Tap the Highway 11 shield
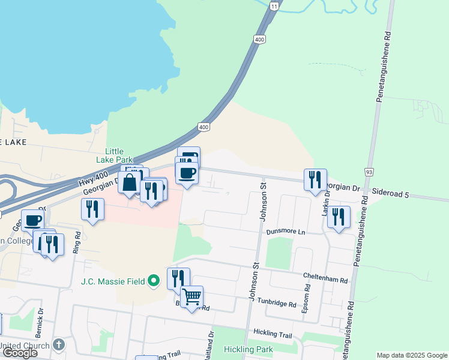point(274,5)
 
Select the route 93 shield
point(369,172)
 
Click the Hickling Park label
point(248,349)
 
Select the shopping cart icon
point(192,296)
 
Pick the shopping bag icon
point(129,182)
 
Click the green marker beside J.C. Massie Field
point(154,280)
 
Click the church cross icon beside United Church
point(58,345)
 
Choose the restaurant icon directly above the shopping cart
point(178,278)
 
